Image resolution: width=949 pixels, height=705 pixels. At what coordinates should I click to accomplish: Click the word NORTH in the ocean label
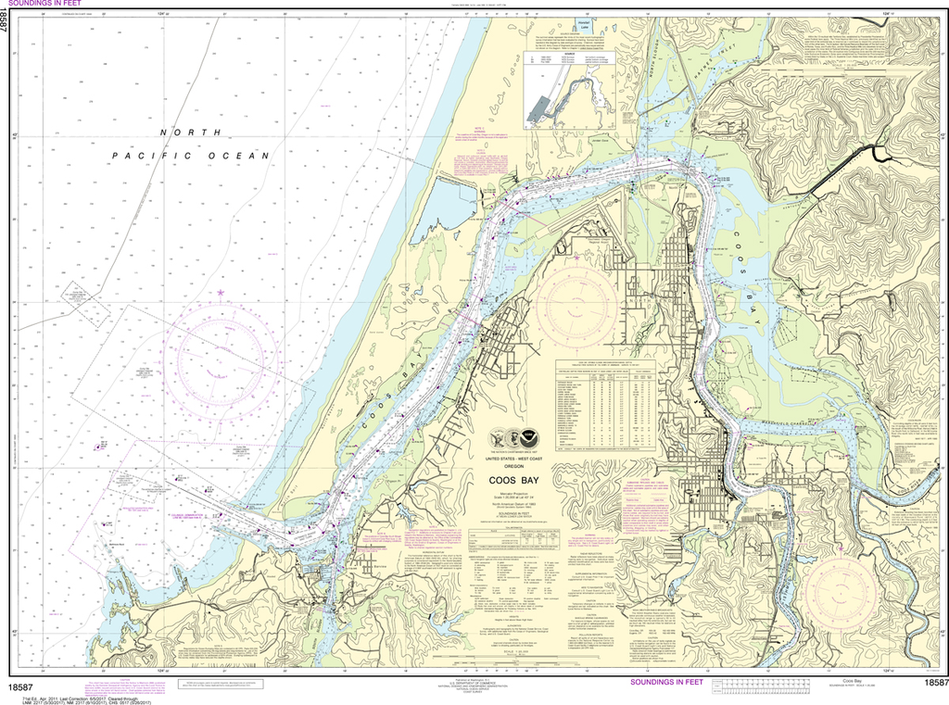tap(178, 132)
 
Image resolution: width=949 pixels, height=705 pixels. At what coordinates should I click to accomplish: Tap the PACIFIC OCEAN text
tap(190, 156)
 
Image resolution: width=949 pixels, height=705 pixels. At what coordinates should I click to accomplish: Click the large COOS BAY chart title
tap(519, 480)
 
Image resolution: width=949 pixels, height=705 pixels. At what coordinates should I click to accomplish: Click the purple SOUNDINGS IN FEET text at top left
tap(45, 5)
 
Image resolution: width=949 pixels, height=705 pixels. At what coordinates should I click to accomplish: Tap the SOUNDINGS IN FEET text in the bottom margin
tap(665, 683)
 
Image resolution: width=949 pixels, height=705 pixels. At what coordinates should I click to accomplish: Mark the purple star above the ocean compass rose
tap(221, 293)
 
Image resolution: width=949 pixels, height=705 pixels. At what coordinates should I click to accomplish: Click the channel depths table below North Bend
tap(604, 406)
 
